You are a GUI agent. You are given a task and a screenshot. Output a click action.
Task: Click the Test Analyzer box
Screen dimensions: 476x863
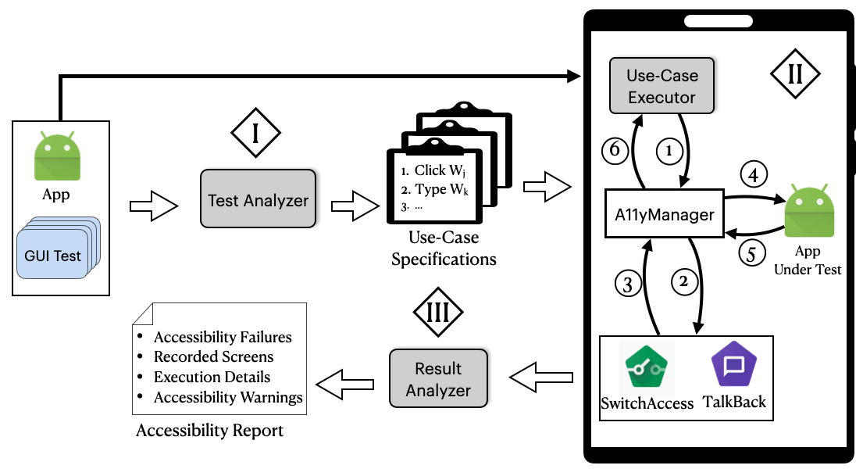pyautogui.click(x=259, y=200)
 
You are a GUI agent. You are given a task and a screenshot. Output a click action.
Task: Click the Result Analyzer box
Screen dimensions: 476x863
pyautogui.click(x=438, y=379)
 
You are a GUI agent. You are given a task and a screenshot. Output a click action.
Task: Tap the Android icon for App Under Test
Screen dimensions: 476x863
pyautogui.click(x=807, y=213)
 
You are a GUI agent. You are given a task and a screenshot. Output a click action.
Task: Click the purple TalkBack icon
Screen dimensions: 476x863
pyautogui.click(x=733, y=367)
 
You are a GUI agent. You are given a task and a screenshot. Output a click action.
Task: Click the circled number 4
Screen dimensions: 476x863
pyautogui.click(x=753, y=174)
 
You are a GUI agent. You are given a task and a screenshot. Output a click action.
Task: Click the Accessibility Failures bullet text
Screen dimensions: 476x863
pyautogui.click(x=223, y=338)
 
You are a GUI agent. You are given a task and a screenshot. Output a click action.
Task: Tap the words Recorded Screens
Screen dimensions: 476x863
pyautogui.click(x=213, y=357)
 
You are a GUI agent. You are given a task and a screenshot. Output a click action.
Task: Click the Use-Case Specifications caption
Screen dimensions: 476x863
pyautogui.click(x=444, y=248)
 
